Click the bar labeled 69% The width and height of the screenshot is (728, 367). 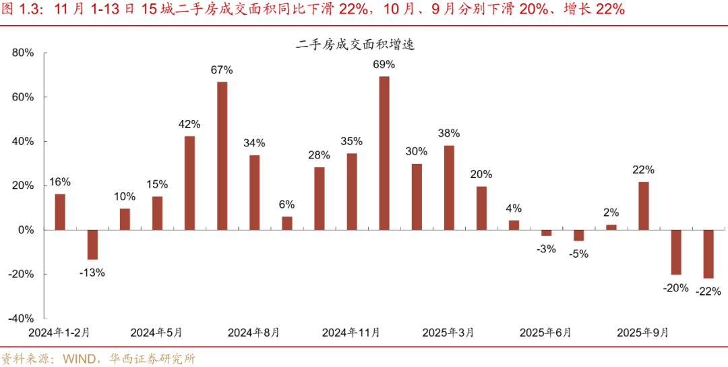pos(384,153)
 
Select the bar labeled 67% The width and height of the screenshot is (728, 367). pos(222,156)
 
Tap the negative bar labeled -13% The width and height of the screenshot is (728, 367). pos(92,245)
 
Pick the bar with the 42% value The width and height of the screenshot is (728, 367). pos(189,183)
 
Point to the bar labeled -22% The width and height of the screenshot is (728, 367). pos(708,254)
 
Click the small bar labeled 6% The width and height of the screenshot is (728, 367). pos(287,223)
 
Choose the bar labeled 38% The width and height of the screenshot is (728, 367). pos(449,188)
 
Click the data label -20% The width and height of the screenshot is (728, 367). pos(675,288)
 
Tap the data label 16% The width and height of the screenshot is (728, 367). pos(59,181)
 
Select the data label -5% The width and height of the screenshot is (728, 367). pos(578,254)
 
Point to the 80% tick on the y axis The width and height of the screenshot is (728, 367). pos(24,53)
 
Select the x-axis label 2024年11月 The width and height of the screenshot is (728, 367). pos(351,333)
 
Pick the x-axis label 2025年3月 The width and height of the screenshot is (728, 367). pos(448,333)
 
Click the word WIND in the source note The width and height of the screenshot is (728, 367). pos(80,358)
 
